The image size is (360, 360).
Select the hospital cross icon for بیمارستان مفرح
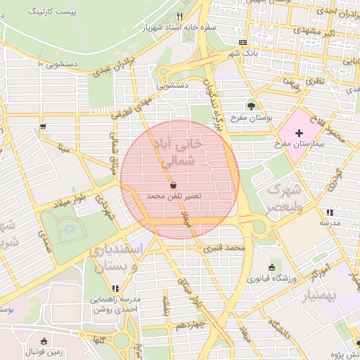pyautogui.click(x=300, y=132)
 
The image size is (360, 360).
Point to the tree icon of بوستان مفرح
pyautogui.click(x=251, y=106)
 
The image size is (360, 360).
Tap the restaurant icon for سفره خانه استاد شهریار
pyautogui.click(x=180, y=16)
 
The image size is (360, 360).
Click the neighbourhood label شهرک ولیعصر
pyautogui.click(x=285, y=198)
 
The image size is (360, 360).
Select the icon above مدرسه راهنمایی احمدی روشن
pyautogui.click(x=115, y=289)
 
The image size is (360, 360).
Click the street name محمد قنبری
pyautogui.click(x=224, y=248)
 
